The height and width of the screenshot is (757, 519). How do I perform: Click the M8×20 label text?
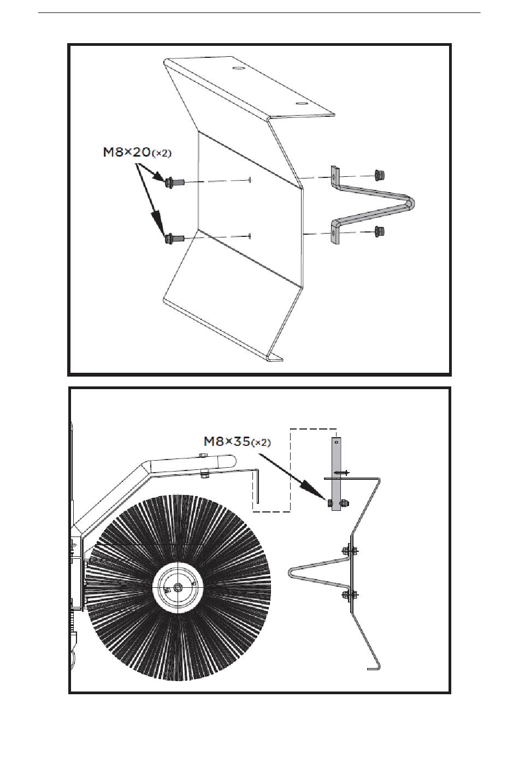137,153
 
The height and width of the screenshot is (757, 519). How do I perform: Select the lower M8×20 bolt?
172,238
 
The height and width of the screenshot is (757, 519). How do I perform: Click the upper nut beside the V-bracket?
378,175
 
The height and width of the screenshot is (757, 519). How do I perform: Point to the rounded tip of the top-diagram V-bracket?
411,203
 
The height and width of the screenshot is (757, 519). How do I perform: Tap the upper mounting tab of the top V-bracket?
334,176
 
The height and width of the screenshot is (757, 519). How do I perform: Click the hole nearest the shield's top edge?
238,69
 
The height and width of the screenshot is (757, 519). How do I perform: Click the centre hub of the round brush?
178,587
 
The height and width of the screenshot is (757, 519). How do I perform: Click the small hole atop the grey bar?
337,442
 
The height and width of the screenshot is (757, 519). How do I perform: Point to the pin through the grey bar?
341,472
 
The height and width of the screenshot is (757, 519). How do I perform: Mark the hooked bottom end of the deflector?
374,667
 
